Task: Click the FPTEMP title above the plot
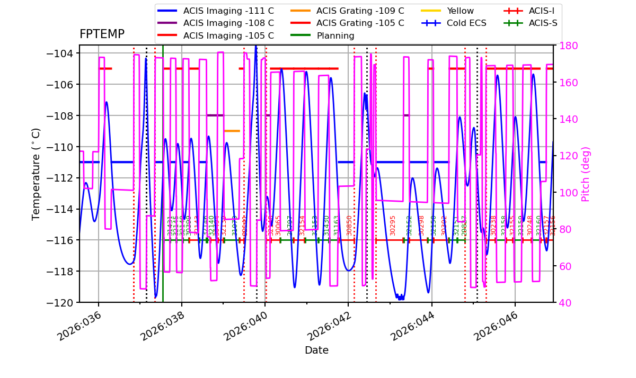(102, 34)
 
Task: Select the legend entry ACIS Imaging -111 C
(228, 11)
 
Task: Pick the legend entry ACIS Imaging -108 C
(228, 23)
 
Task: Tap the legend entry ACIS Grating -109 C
(360, 11)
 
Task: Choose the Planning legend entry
(335, 36)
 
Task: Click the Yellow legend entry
(460, 11)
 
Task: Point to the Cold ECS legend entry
(466, 23)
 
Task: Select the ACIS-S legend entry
(543, 23)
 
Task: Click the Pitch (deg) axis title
(586, 174)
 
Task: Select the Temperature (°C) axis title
(36, 174)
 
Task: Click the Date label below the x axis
(316, 350)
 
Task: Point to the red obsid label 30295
(393, 225)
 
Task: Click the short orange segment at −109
(232, 131)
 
